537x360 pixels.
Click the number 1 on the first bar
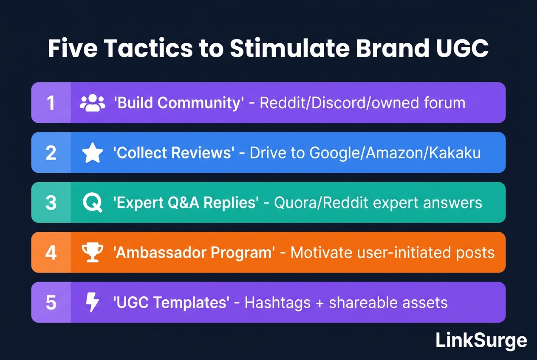[51, 103]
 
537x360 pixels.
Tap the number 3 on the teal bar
[51, 203]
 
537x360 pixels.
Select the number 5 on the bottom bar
[51, 303]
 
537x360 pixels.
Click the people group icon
[92, 103]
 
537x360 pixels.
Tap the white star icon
[93, 153]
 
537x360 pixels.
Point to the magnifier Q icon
[93, 203]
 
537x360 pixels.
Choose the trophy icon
[93, 253]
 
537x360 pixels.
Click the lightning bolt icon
[93, 302]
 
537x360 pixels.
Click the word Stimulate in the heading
[290, 48]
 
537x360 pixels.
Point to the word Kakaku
[455, 153]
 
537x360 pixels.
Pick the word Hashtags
[277, 303]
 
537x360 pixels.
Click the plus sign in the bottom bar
[320, 303]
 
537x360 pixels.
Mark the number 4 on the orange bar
[51, 253]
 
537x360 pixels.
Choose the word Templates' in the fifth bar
[191, 303]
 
